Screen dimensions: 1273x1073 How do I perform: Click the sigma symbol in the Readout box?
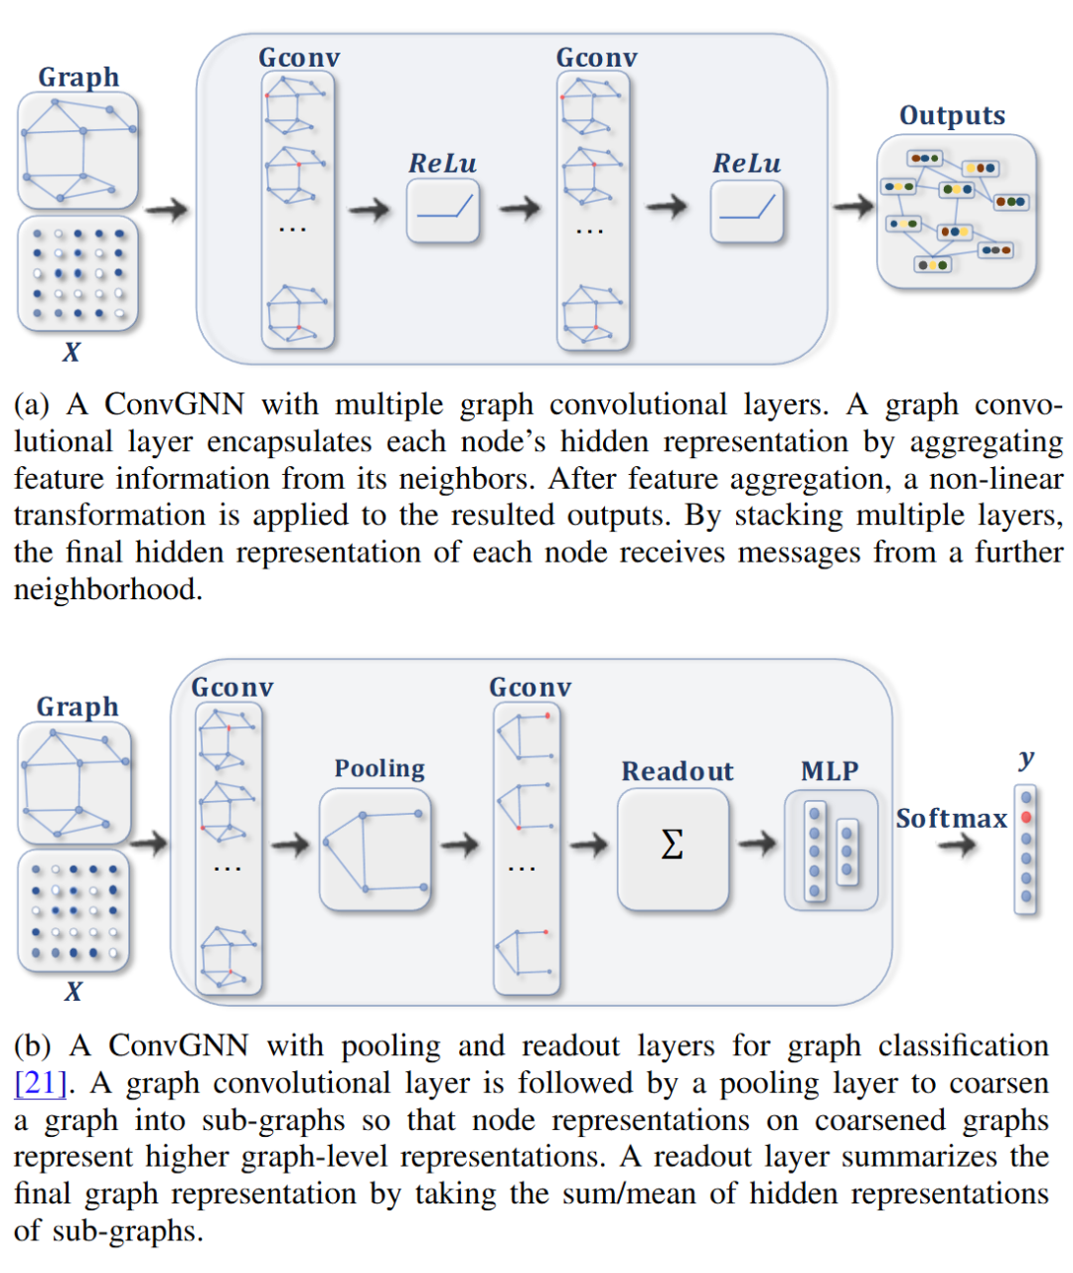(672, 845)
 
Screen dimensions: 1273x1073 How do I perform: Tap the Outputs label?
(952, 116)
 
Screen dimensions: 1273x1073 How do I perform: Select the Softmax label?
(951, 818)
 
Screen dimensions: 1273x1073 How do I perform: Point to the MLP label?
(830, 771)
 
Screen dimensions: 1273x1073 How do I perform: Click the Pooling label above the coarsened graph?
(380, 768)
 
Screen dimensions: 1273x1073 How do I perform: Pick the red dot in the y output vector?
(1026, 817)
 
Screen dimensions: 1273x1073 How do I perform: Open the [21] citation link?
(40, 1082)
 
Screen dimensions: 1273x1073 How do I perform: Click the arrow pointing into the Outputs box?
(852, 207)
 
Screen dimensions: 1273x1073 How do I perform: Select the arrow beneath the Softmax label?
(957, 846)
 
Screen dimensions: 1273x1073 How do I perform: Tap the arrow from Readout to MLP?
(757, 844)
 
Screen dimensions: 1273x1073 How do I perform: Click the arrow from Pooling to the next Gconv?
(460, 845)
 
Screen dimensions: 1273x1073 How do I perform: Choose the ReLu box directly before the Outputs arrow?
(746, 212)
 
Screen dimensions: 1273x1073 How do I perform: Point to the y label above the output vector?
(1026, 759)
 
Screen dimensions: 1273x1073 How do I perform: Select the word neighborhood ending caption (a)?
(106, 590)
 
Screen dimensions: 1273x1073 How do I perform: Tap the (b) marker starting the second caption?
(32, 1045)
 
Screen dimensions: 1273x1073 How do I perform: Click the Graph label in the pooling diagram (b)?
(77, 707)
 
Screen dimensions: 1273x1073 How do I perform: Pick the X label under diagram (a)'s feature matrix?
(72, 352)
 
